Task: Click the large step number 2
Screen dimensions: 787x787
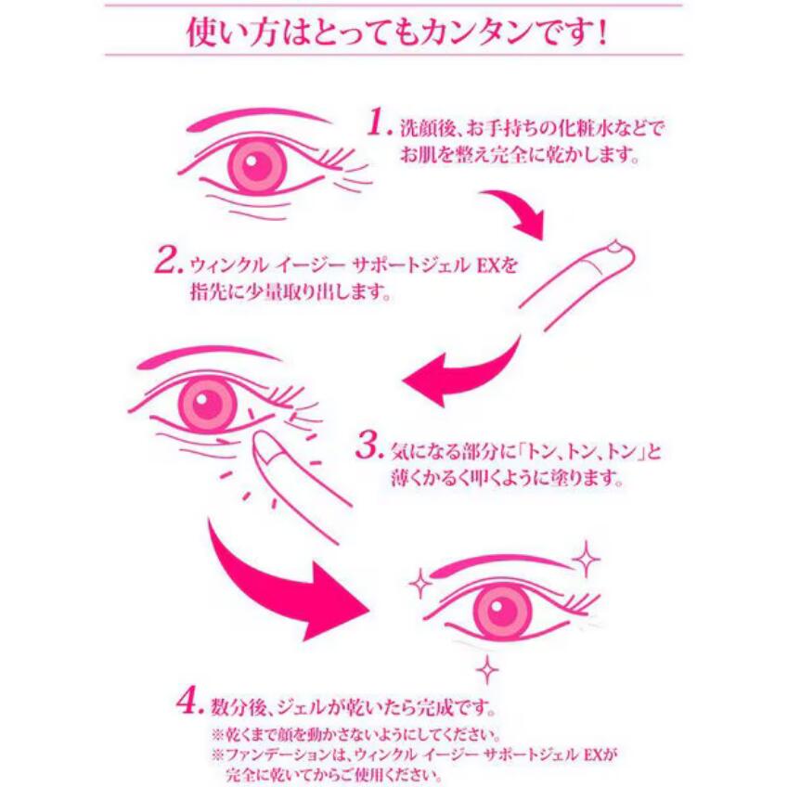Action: click(169, 260)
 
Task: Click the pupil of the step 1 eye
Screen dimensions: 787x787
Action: click(256, 165)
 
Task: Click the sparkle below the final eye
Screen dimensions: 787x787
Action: click(487, 669)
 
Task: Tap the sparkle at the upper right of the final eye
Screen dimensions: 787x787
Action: click(586, 559)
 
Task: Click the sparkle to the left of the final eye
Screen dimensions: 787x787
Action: click(420, 583)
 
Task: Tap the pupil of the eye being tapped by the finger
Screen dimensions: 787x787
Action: click(207, 406)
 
